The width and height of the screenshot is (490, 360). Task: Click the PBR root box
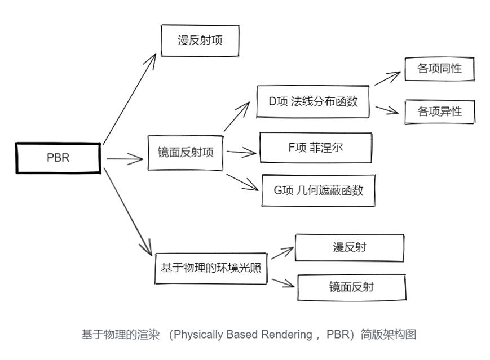click(x=58, y=158)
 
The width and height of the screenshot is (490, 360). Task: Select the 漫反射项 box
click(x=200, y=40)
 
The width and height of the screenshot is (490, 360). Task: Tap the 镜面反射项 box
click(x=186, y=152)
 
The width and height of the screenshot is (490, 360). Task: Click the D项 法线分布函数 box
click(x=313, y=101)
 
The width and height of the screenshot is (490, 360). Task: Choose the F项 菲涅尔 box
click(x=315, y=148)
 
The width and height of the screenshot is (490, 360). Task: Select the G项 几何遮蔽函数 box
click(x=319, y=190)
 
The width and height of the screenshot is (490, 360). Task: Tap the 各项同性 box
click(x=439, y=68)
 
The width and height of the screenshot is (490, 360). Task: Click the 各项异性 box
click(x=439, y=112)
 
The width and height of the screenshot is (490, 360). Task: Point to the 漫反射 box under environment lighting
click(x=350, y=247)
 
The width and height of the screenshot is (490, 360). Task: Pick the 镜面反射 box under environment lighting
click(x=351, y=287)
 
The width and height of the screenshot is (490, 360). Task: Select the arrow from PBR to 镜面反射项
click(x=125, y=159)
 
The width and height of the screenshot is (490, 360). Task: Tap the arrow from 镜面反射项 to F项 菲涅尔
click(x=241, y=151)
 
